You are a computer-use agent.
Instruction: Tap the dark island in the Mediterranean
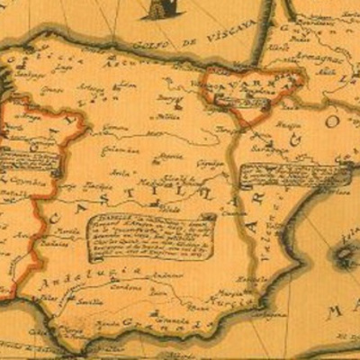(x=346, y=256)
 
